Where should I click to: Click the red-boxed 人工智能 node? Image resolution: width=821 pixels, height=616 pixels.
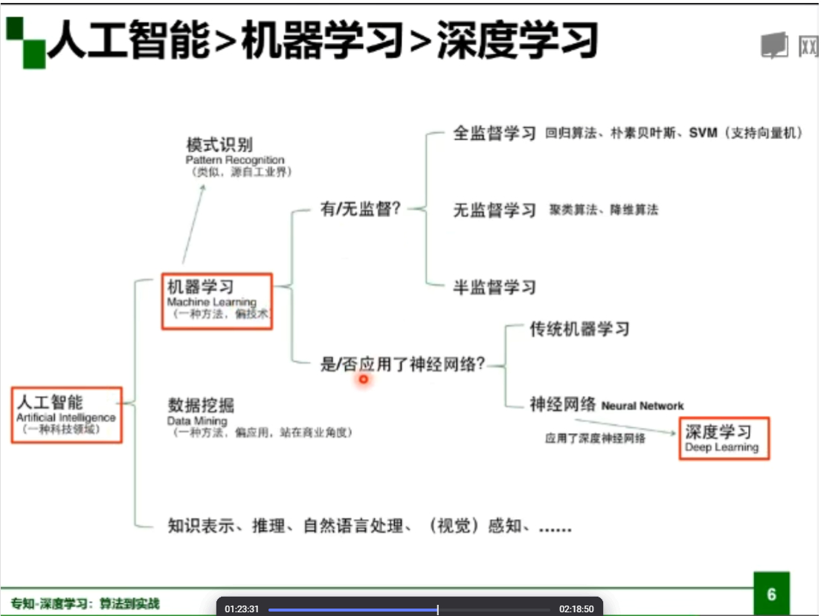pos(66,415)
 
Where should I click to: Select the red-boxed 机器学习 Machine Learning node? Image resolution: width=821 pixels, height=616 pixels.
pos(217,301)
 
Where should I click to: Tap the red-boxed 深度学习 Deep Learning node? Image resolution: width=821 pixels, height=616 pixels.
pos(724,439)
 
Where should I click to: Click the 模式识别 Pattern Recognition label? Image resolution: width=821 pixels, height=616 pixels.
pos(235,153)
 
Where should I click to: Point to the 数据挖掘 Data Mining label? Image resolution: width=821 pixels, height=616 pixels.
pos(201,411)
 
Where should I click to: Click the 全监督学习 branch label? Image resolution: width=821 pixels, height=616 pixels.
pos(495,134)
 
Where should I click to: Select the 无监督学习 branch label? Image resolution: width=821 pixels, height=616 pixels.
pos(495,211)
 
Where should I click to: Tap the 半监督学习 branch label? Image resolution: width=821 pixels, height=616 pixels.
pos(495,287)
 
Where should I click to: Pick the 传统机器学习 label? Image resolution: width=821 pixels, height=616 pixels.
pos(579,329)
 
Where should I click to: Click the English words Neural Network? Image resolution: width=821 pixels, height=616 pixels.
pos(643,406)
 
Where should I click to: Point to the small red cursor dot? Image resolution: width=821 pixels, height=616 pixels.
pos(364,379)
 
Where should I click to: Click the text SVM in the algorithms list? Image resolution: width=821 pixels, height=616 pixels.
pos(703,134)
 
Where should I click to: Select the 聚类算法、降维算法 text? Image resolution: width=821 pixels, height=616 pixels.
pos(604,211)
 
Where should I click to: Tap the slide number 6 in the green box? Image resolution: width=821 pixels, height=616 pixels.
pos(771,594)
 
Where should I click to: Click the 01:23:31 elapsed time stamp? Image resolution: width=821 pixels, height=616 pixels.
pos(242,609)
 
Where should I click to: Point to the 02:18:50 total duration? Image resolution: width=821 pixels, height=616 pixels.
pos(576,609)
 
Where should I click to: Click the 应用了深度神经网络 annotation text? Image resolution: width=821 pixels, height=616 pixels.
pos(595,439)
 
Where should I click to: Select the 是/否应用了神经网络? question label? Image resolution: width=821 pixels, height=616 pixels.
pos(402,365)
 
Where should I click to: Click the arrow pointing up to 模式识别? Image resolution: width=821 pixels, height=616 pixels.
pos(193,223)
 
